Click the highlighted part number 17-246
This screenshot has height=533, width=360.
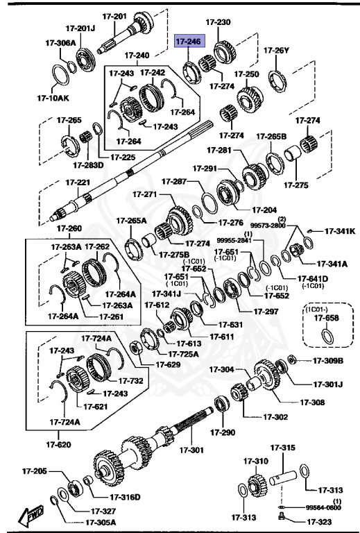click(x=187, y=42)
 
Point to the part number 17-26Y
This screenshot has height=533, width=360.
click(x=276, y=50)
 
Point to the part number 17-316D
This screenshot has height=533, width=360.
click(x=125, y=497)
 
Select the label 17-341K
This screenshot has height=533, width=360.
click(x=340, y=231)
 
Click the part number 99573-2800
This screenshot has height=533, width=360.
click(x=268, y=226)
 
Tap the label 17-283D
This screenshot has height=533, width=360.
click(x=87, y=165)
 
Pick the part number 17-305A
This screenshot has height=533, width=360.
click(x=101, y=523)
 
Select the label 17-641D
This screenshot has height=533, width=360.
click(x=311, y=280)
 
